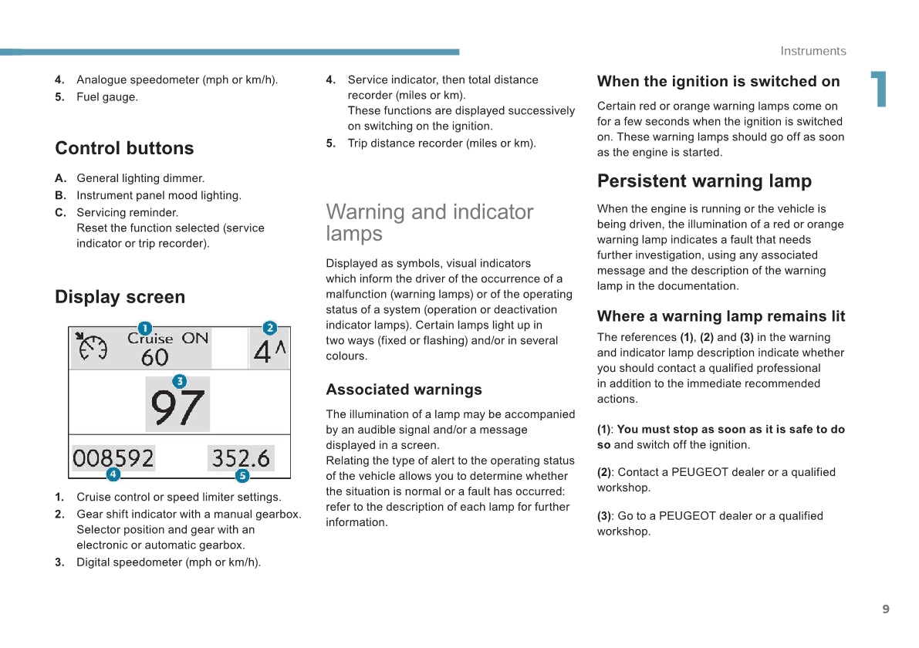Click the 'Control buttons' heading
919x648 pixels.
coord(124,148)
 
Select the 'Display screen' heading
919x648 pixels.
coord(120,297)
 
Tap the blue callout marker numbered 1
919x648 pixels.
coord(144,328)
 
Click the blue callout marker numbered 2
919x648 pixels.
coord(269,328)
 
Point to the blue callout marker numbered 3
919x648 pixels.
coord(179,381)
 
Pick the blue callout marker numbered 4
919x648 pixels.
coord(113,474)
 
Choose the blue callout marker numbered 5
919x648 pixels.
coord(242,476)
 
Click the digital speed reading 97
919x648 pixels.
coord(177,408)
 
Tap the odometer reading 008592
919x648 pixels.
coord(113,458)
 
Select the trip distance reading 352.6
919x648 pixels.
coord(241,458)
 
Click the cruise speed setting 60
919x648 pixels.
coord(154,357)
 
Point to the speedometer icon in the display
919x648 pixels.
coord(93,347)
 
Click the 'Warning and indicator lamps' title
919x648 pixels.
coord(429,222)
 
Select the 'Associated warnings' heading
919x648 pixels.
coord(404,390)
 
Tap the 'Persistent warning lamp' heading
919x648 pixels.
coord(704,181)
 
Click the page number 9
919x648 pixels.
coord(886,609)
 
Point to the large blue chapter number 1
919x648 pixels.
coord(878,89)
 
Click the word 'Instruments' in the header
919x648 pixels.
coord(813,51)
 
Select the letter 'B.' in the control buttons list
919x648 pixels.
coord(61,196)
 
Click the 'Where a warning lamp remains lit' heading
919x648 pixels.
coord(721,316)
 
